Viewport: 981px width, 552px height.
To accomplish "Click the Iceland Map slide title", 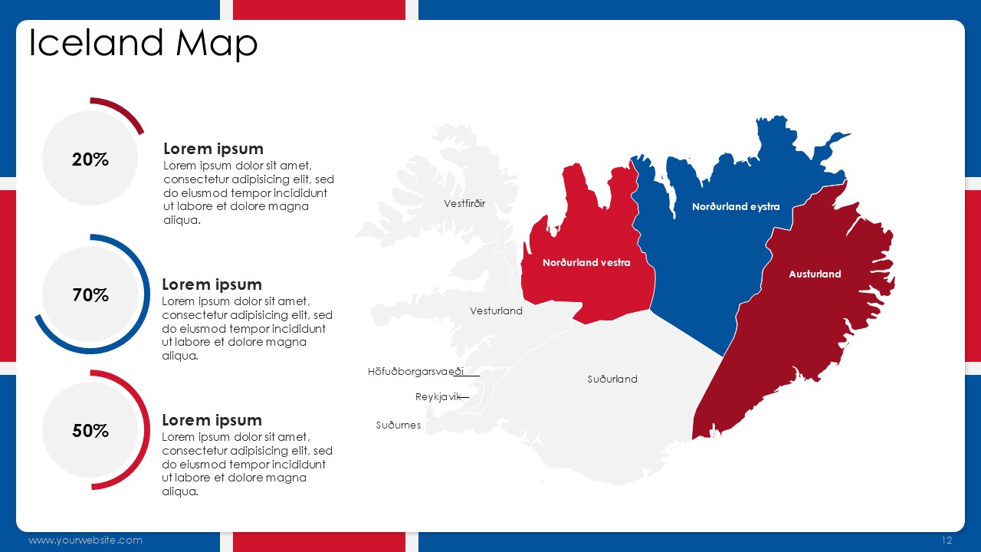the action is point(143,44).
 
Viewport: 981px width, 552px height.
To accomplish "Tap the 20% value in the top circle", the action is point(90,159).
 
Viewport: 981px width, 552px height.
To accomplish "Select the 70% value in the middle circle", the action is point(90,295).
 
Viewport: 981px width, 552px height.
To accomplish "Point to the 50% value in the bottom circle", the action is point(90,431).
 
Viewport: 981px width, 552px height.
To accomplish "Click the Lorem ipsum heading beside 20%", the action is point(213,149).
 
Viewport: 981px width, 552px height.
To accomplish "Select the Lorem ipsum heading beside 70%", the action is point(212,284).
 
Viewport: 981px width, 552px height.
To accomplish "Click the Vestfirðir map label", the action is point(464,203).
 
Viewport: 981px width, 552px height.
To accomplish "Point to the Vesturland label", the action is point(496,310).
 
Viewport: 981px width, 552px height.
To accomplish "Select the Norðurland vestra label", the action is point(586,262).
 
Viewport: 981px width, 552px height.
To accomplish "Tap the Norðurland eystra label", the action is point(736,207).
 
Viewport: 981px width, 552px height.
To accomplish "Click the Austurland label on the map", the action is point(815,274).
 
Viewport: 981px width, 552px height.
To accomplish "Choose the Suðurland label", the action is point(612,379).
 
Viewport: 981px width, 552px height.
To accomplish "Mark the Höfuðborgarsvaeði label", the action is point(415,372).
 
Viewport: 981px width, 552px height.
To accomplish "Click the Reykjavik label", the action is point(438,397).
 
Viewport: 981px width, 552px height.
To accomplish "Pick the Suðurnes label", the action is point(399,425).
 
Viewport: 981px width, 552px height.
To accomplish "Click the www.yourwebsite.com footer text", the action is point(85,540).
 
